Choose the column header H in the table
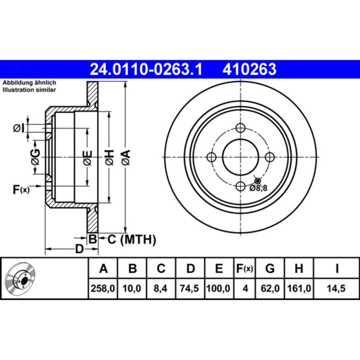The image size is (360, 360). click(x=298, y=269)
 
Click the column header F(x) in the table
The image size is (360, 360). click(x=245, y=269)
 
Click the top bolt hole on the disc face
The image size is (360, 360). click(x=240, y=127)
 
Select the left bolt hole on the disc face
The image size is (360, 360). click(x=211, y=157)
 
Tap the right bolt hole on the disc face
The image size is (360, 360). click(x=270, y=157)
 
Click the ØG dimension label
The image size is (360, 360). click(x=35, y=157)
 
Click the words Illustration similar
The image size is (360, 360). click(x=29, y=90)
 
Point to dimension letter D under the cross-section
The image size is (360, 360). click(x=79, y=249)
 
